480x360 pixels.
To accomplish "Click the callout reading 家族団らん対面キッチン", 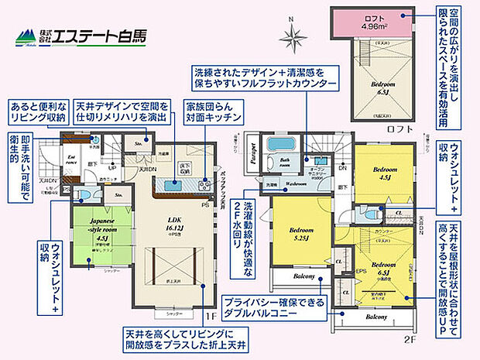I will pos(211,113).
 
